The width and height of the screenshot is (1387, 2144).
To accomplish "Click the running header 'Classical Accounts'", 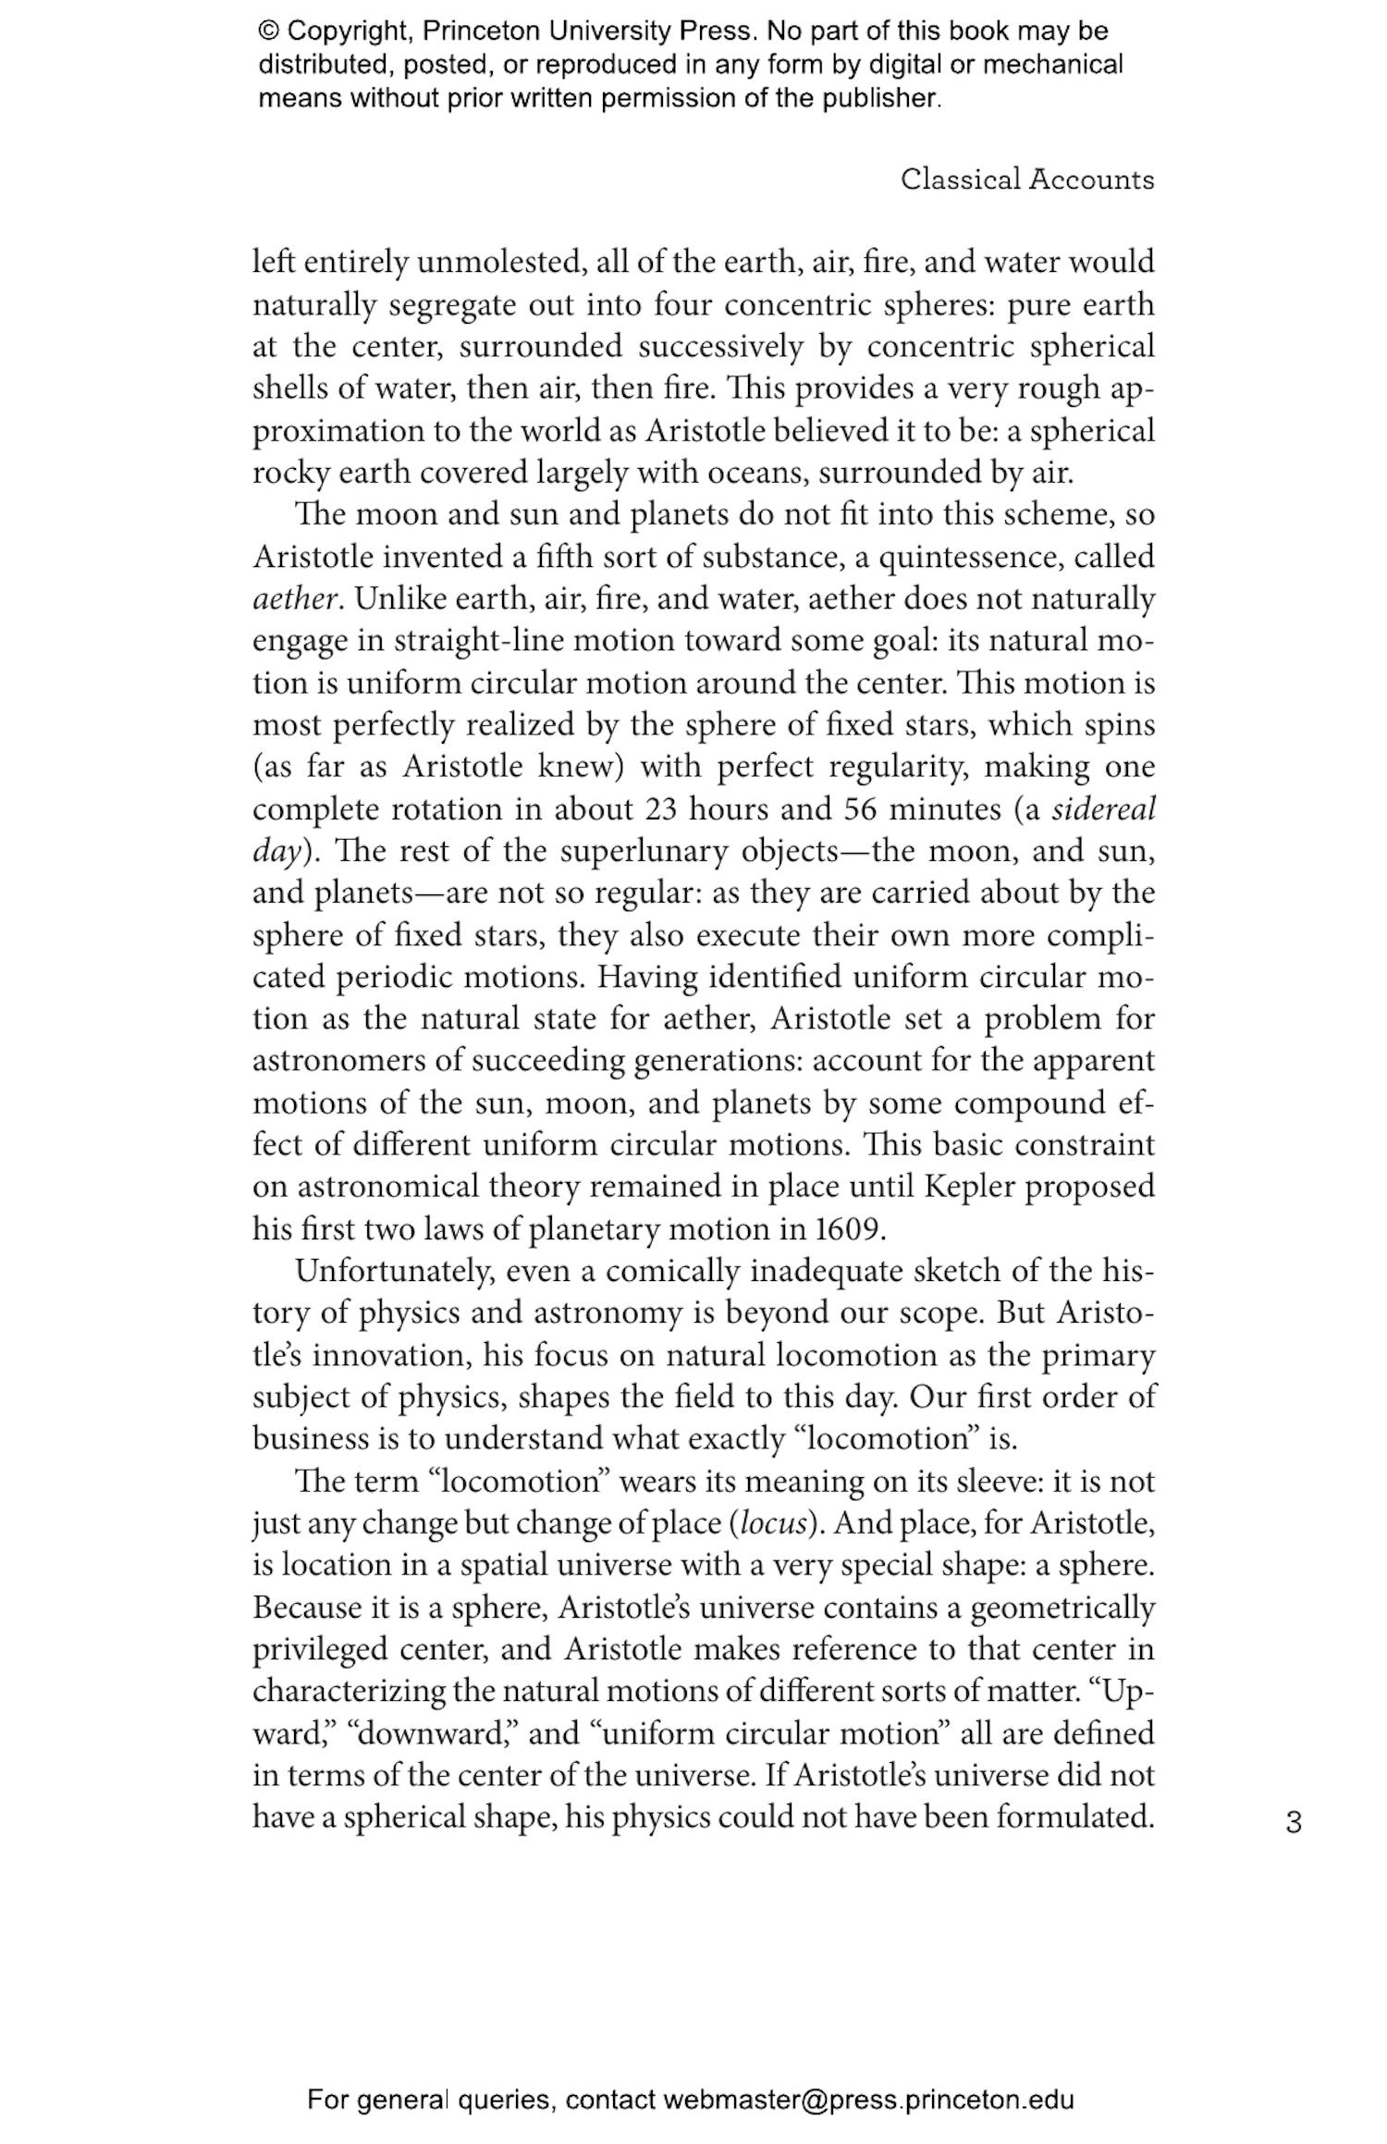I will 1027,179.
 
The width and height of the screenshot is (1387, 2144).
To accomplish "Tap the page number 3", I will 1294,1822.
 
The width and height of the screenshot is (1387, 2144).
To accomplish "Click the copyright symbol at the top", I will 269,31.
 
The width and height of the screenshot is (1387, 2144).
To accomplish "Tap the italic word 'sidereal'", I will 1104,809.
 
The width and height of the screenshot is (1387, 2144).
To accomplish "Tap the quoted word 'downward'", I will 430,1733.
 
